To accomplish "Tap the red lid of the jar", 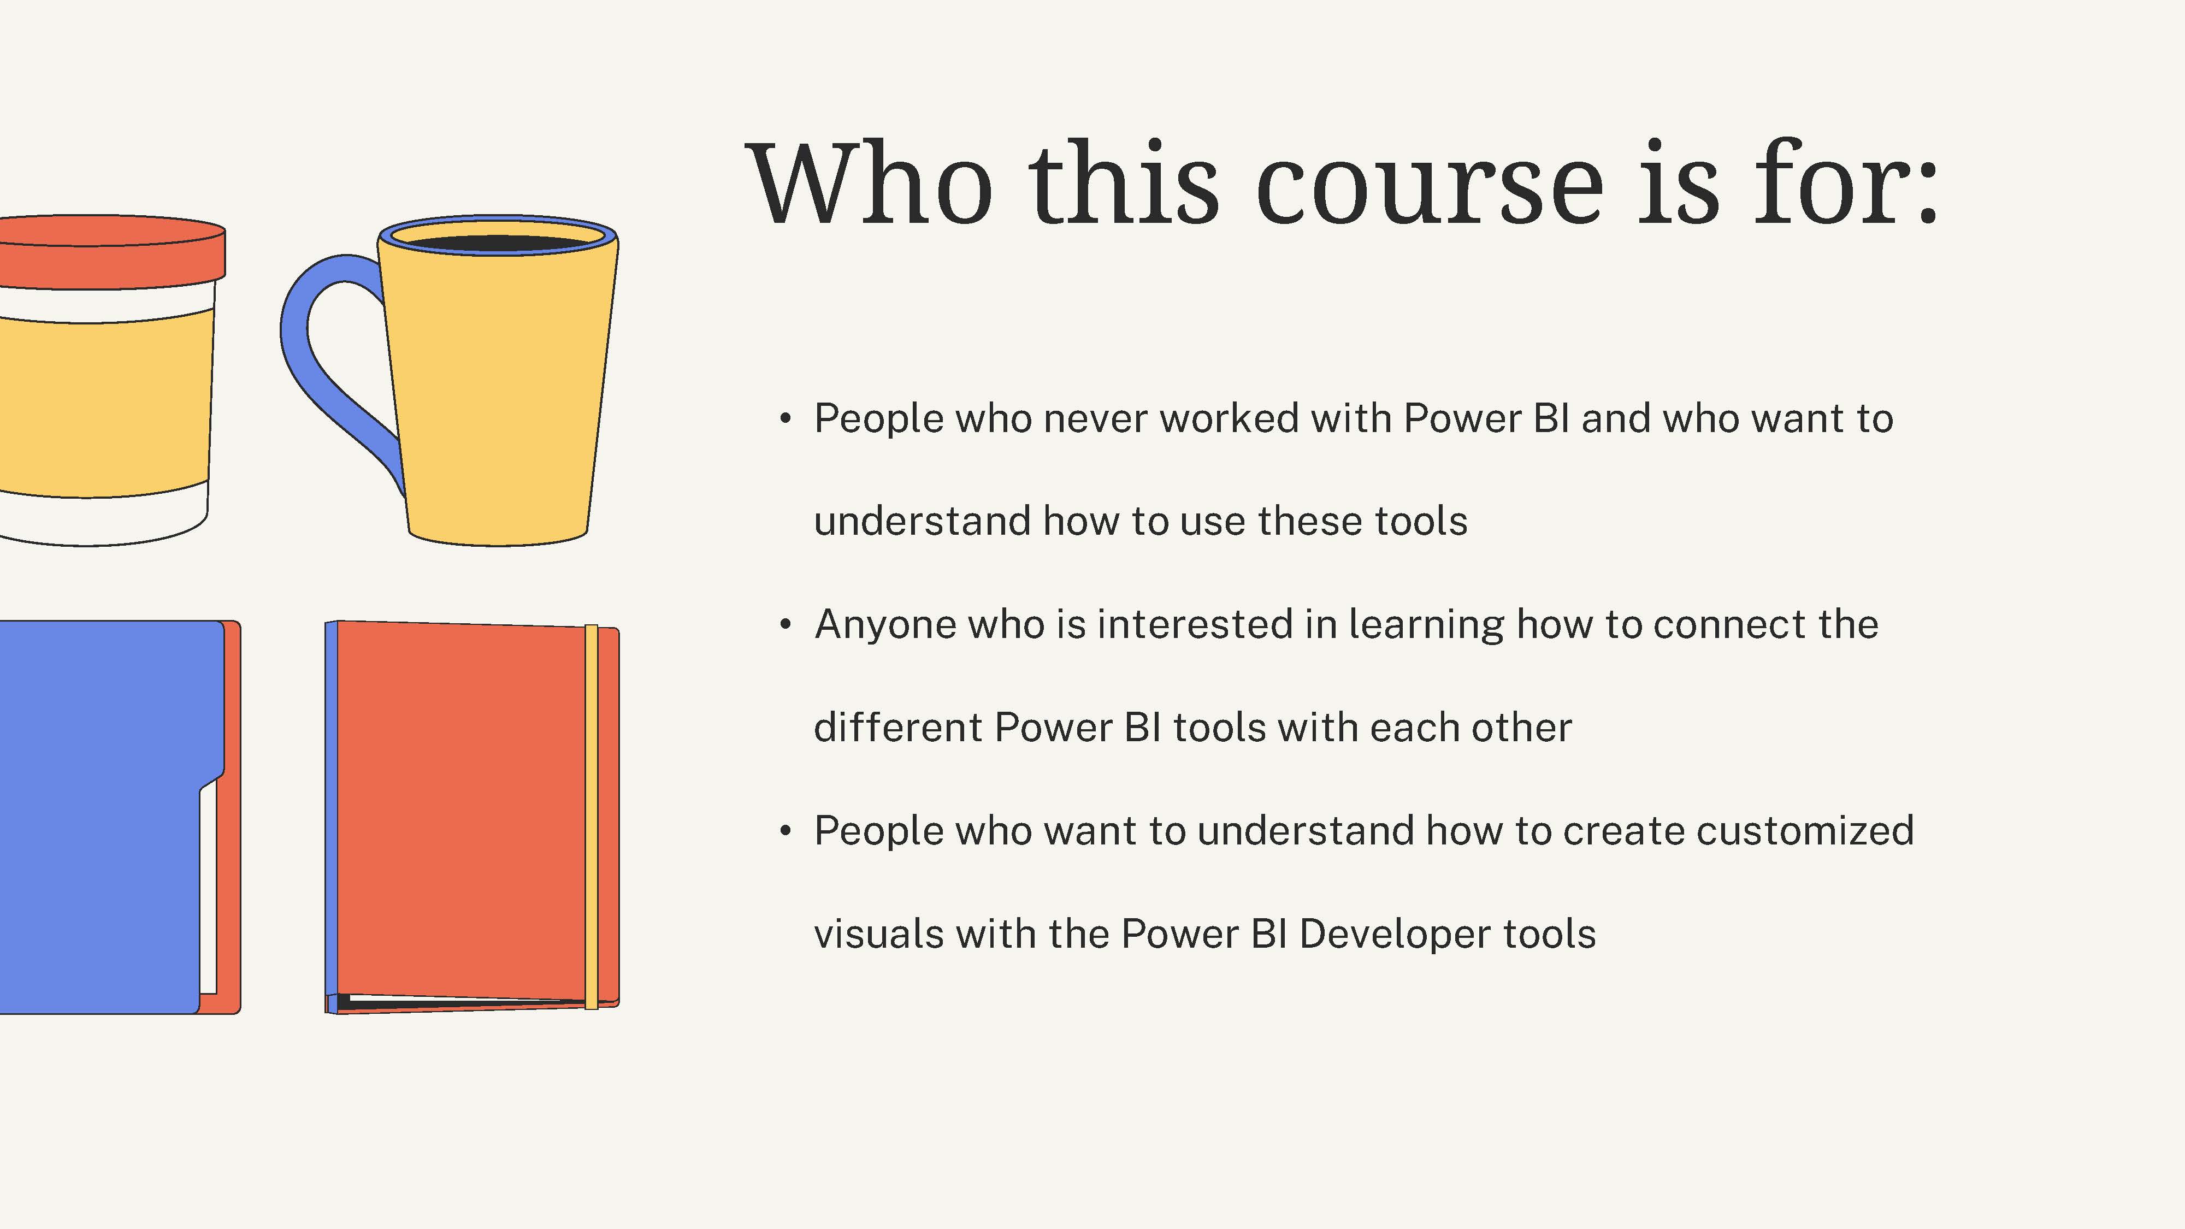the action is coord(110,252).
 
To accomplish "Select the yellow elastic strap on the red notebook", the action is coord(591,817).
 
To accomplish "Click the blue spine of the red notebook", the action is coord(332,814).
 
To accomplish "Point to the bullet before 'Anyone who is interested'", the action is coord(786,625).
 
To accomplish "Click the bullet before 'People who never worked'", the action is coord(786,419).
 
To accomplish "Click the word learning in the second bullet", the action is coord(1426,625).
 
